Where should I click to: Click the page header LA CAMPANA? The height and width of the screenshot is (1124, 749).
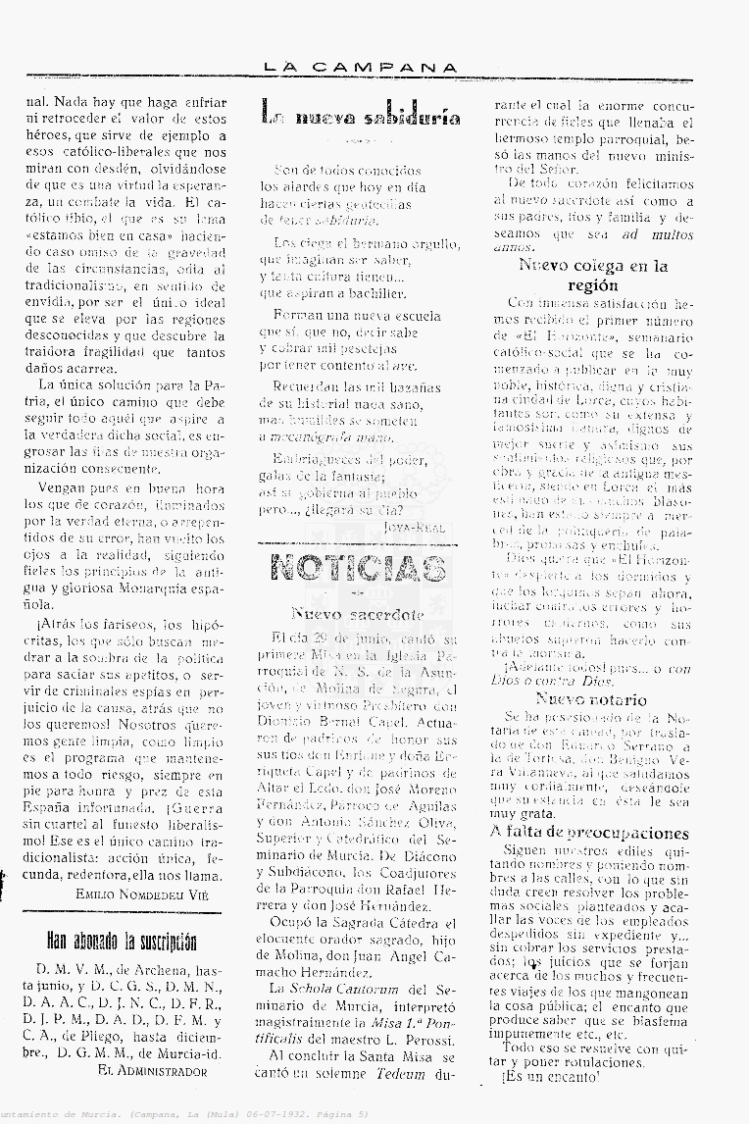tap(361, 68)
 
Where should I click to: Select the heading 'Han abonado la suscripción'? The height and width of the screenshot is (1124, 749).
tap(123, 945)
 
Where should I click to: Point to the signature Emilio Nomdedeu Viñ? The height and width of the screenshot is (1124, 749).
tap(141, 893)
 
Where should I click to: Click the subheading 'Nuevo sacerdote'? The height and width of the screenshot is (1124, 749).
tap(358, 615)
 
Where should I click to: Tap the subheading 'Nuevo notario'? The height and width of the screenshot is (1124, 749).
tap(590, 699)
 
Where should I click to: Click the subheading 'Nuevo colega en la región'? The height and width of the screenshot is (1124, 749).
tap(593, 275)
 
